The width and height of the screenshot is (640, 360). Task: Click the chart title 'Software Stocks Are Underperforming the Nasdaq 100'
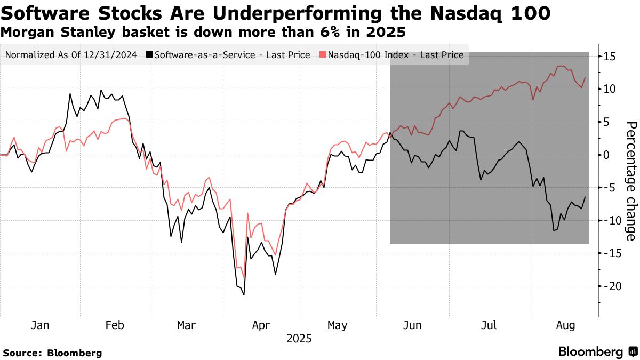point(276,12)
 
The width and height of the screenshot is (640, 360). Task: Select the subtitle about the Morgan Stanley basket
point(203,33)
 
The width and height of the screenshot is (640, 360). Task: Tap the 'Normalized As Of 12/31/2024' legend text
point(71,55)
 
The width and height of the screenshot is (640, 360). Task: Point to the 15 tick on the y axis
point(610,57)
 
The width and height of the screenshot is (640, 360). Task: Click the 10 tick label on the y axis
point(610,89)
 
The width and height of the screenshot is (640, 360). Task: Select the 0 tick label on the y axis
point(606,155)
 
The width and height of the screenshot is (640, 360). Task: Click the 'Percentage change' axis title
point(630,181)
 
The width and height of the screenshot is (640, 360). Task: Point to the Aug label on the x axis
point(566,325)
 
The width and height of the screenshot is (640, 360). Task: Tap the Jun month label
point(413,325)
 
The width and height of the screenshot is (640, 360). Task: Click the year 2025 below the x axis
point(299,339)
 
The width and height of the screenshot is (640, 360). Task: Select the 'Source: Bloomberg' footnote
point(52,353)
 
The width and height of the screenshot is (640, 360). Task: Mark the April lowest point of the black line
point(244,295)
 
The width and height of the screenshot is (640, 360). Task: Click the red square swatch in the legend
point(323,55)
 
